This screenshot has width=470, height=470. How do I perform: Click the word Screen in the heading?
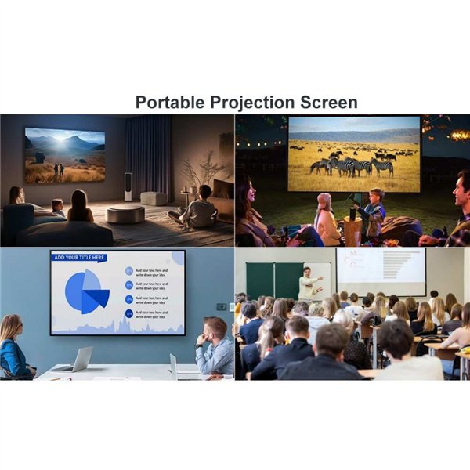click(x=329, y=103)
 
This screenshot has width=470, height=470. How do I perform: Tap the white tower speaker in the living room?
click(x=128, y=186)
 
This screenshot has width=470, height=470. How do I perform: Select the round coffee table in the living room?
click(x=125, y=214)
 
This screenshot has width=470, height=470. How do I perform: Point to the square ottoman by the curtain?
click(x=154, y=198)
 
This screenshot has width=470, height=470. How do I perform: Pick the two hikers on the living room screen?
click(x=56, y=169)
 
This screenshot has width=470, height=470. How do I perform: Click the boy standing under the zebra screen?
click(x=374, y=205)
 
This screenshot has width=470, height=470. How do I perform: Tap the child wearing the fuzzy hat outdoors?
click(x=326, y=219)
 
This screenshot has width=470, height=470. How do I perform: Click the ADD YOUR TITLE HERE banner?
click(x=79, y=257)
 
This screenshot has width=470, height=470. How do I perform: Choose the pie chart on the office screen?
click(x=87, y=292)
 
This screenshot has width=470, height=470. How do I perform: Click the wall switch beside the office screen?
click(x=221, y=305)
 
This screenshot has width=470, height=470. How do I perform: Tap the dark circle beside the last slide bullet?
click(x=128, y=313)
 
